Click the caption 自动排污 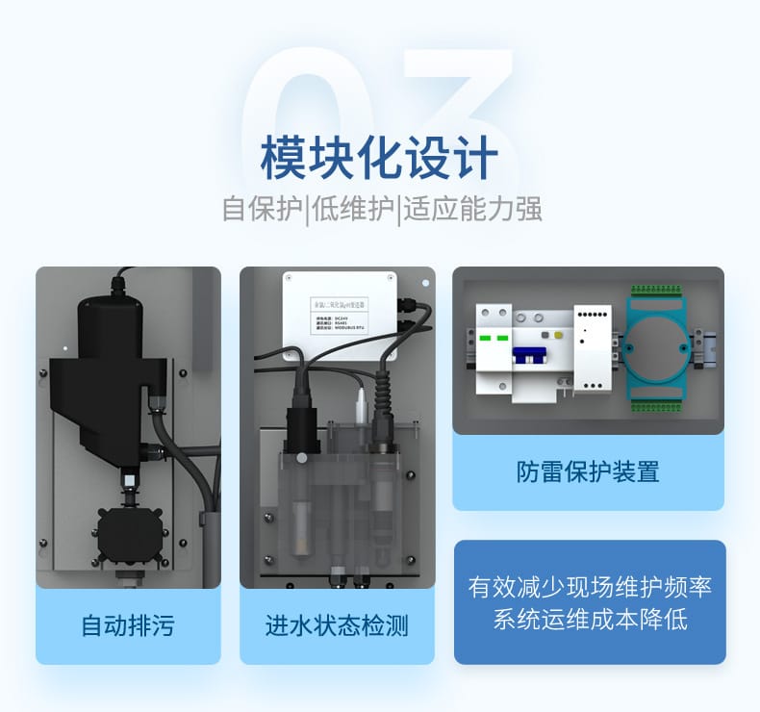(x=128, y=626)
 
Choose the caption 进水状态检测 (x=337, y=626)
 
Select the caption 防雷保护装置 (x=588, y=471)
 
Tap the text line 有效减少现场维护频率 (x=590, y=587)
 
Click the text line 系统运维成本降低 (x=590, y=620)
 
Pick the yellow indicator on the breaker (x=545, y=337)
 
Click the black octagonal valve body (x=129, y=530)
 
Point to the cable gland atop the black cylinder (x=117, y=286)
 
